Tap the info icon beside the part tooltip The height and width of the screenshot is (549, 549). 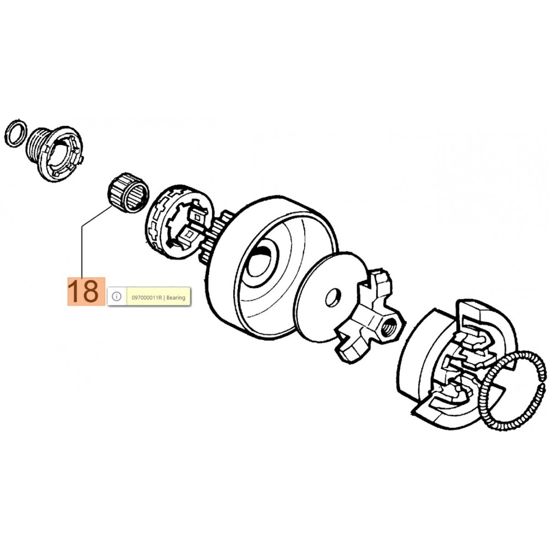pyautogui.click(x=117, y=296)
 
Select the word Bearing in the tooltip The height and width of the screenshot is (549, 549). pyautogui.click(x=176, y=298)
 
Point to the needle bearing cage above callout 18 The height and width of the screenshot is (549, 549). pyautogui.click(x=127, y=194)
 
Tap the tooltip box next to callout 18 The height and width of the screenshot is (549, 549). pyautogui.click(x=149, y=296)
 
